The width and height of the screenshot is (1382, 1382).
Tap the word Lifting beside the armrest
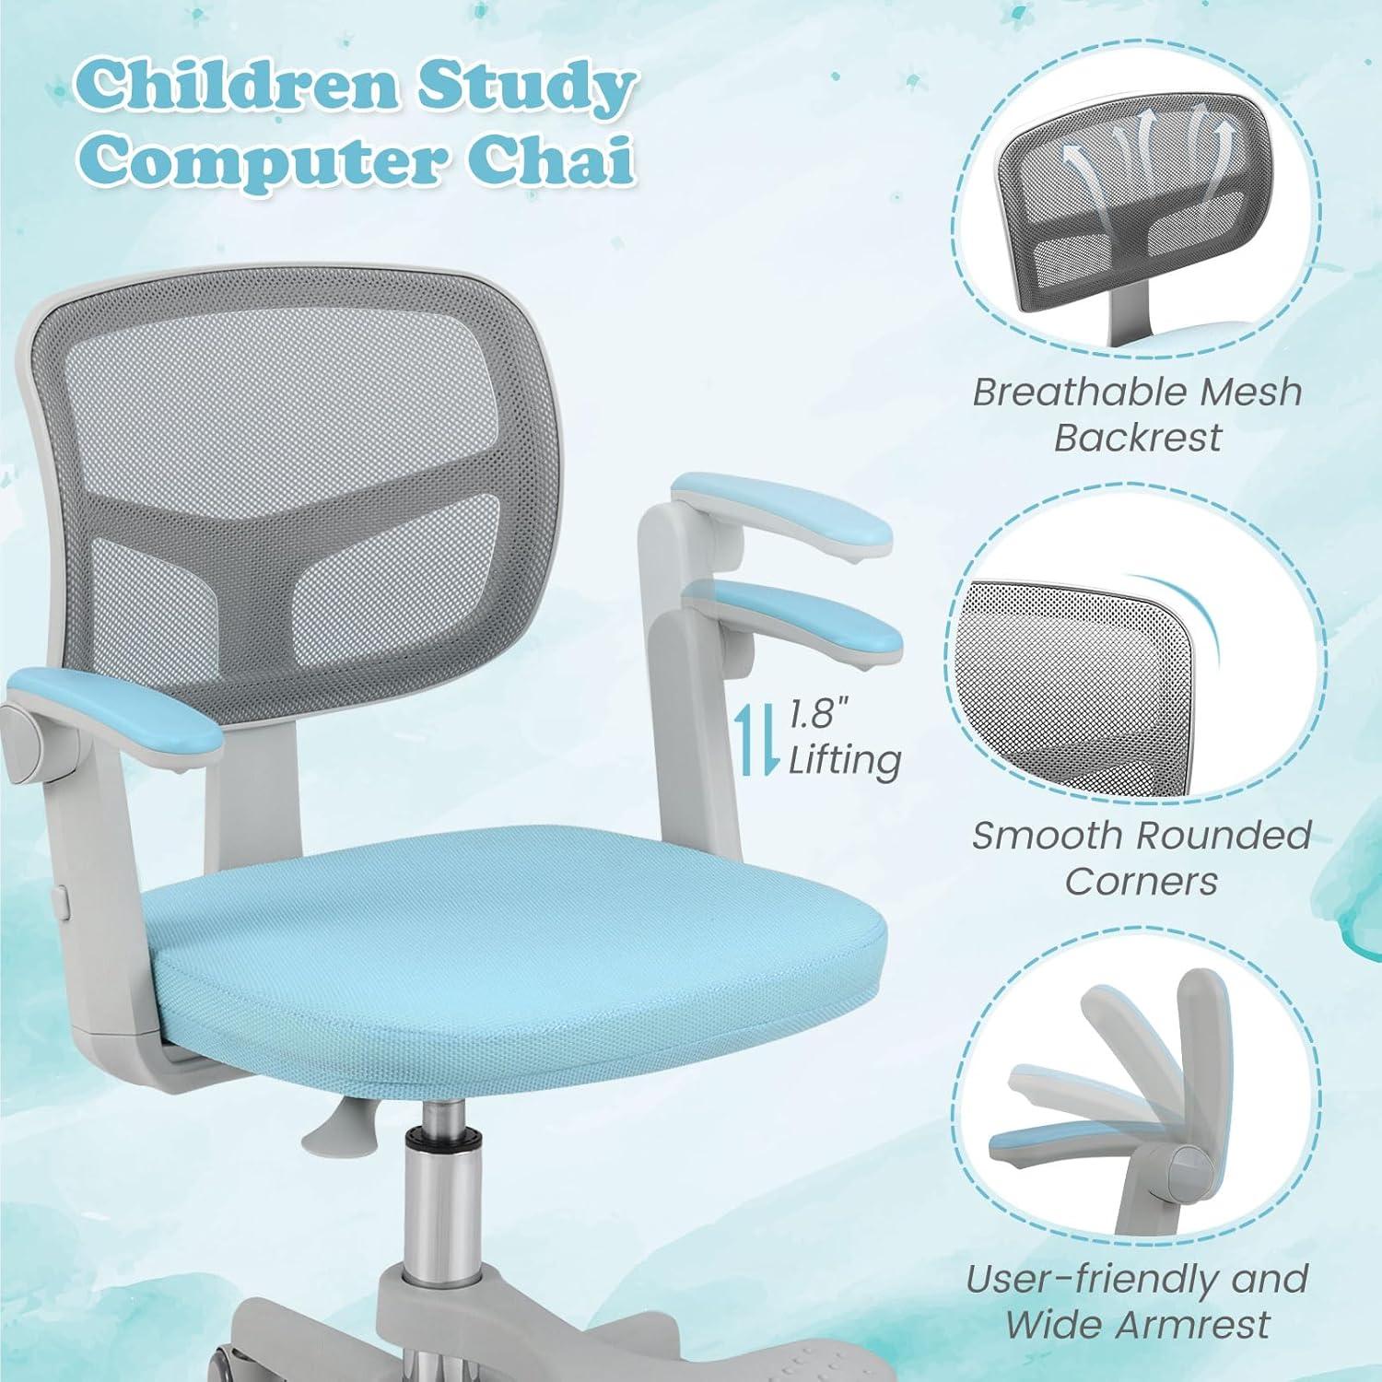click(x=844, y=762)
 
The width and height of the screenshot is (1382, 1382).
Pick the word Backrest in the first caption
click(x=1137, y=438)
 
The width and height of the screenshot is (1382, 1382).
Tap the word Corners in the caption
click(x=1141, y=882)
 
